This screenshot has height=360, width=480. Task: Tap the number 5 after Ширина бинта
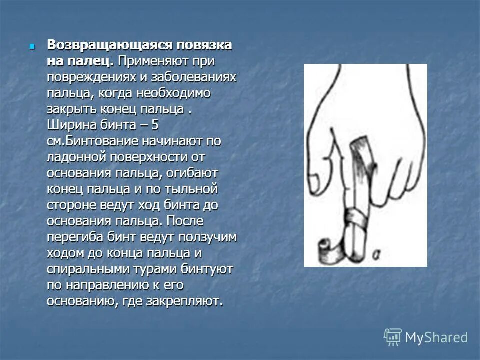[154, 125]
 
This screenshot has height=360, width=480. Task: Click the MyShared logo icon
[393, 337]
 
